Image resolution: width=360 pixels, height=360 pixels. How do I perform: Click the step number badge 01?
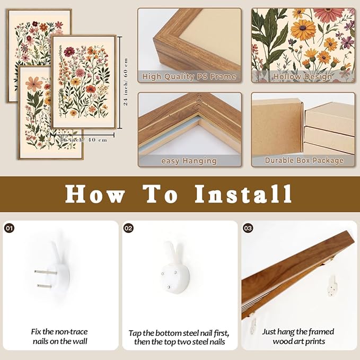coord(10,228)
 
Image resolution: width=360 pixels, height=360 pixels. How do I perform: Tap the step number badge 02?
coord(128,228)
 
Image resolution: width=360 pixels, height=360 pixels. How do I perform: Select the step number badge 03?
coord(248,228)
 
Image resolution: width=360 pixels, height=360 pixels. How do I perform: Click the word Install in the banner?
coord(243,194)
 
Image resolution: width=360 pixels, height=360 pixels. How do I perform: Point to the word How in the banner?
coord(95,194)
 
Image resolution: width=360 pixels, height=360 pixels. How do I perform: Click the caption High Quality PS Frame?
coord(189,76)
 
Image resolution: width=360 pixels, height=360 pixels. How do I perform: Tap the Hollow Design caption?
coord(303,76)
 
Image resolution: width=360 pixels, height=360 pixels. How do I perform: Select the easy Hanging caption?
coord(189,161)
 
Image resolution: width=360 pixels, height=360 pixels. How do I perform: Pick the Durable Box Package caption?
coord(304,160)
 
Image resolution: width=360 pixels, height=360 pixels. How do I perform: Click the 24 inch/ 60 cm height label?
coord(126,82)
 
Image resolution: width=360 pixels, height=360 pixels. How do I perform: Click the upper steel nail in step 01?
coord(46,273)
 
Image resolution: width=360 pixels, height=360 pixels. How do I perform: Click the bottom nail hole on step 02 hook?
coord(169,287)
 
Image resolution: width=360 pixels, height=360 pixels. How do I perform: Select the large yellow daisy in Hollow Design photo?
coord(303,30)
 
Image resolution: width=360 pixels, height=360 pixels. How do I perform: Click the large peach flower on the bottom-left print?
coord(34,84)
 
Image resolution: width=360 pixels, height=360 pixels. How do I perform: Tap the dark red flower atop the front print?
coord(69,51)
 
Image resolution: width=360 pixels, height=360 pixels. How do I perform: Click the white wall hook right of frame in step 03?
coord(332,286)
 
